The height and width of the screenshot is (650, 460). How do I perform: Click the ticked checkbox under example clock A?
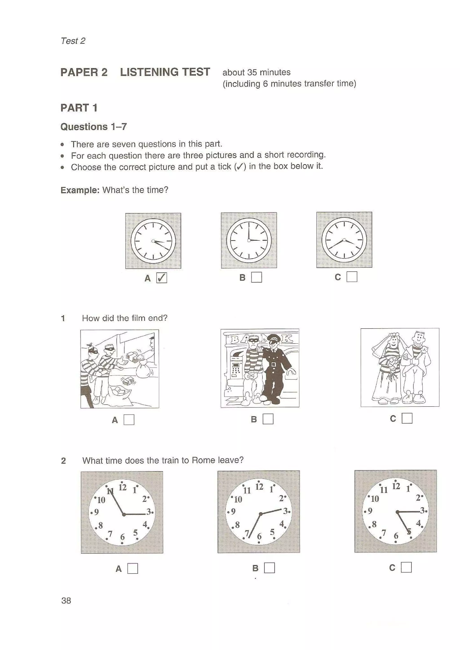point(161,278)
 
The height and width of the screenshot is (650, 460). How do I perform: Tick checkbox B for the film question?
point(268,419)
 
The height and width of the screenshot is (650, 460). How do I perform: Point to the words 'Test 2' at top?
point(73,41)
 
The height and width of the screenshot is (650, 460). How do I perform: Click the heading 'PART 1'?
point(79,108)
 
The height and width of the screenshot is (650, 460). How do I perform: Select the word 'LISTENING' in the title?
point(149,72)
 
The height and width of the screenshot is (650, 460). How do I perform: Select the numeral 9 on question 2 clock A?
point(96,512)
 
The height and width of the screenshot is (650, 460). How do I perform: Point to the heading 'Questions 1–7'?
point(93,127)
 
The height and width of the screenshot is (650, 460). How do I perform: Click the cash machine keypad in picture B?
point(236,368)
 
